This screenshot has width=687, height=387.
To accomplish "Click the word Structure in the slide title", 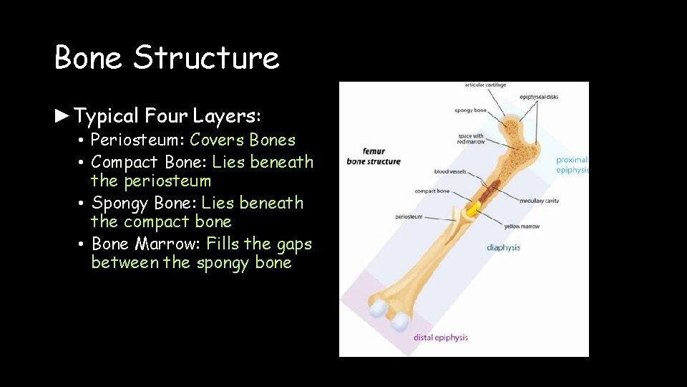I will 206,57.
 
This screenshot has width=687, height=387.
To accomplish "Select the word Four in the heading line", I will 166,115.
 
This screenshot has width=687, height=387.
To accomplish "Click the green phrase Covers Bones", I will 243,140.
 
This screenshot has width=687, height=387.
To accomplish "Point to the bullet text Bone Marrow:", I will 147,244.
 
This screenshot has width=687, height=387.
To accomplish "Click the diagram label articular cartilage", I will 485,85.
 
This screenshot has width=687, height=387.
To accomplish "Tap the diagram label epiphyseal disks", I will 539,97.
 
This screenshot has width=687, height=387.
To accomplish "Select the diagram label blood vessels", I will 449,172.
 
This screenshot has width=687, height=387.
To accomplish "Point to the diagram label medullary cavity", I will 540,201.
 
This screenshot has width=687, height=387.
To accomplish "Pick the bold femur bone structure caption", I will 374,157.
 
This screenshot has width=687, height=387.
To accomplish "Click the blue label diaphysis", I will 503,248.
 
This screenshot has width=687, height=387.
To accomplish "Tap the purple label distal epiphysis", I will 441,337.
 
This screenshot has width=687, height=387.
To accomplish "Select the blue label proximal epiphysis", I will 572,165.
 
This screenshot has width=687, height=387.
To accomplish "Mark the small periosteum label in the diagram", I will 409,216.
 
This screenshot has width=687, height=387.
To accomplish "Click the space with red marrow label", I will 470,139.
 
